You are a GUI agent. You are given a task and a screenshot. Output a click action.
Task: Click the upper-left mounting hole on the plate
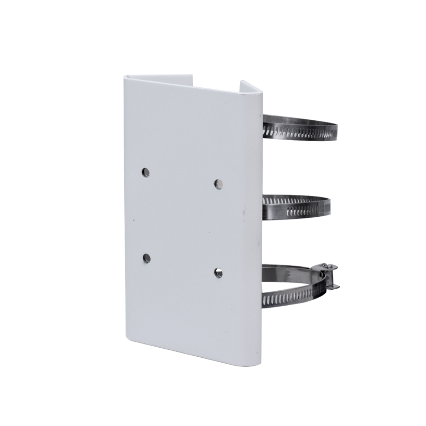point(145,172)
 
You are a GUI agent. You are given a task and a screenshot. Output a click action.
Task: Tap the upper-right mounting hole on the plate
point(218,184)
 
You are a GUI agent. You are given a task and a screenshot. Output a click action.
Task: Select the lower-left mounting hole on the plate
point(146,258)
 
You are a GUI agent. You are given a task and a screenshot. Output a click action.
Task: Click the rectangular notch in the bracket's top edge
point(218,83)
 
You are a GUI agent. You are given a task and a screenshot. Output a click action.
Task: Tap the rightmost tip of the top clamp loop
point(337,128)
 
